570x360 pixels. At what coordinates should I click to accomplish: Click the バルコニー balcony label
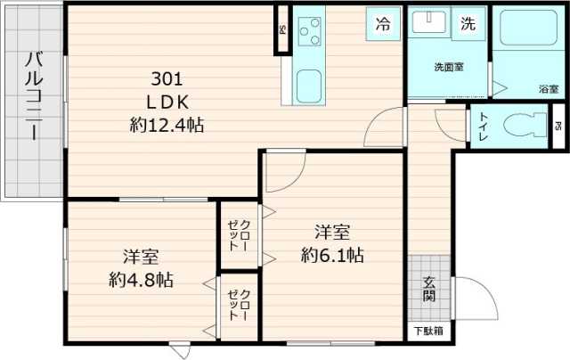[x=34, y=98]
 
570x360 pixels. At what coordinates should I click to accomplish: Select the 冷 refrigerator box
[x=383, y=25]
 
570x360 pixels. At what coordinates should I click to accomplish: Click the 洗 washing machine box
[x=468, y=25]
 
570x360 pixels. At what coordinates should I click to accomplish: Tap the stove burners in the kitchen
[x=311, y=33]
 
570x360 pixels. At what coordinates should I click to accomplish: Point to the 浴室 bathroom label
[x=548, y=89]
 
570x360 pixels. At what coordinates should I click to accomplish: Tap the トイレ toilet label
[x=482, y=126]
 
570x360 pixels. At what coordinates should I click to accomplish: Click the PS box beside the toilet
[x=558, y=126]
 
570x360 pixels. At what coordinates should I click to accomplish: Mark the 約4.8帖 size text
[x=141, y=280]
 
